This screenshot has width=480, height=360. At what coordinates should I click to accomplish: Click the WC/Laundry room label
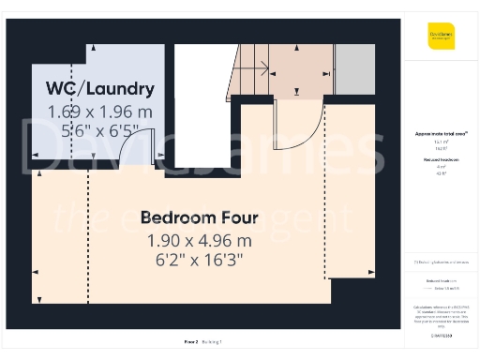pos(100,89)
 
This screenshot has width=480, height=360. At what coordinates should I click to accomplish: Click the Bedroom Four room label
pos(199,217)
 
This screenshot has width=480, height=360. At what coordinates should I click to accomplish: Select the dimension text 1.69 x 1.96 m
pos(100,112)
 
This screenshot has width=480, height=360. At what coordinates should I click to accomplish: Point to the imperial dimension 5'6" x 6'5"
pos(100,132)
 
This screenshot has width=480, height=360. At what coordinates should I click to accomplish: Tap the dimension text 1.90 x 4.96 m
pos(199,240)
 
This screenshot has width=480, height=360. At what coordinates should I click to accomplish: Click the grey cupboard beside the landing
pos(354,68)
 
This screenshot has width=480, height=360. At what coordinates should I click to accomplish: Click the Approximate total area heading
pos(441,134)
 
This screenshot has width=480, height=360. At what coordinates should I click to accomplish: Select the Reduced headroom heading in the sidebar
pos(441,161)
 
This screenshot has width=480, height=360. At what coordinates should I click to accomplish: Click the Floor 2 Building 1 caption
pos(199,342)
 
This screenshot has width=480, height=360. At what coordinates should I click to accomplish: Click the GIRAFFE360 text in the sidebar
pos(441,333)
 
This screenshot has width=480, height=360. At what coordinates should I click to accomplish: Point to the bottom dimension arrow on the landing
pos(298,92)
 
